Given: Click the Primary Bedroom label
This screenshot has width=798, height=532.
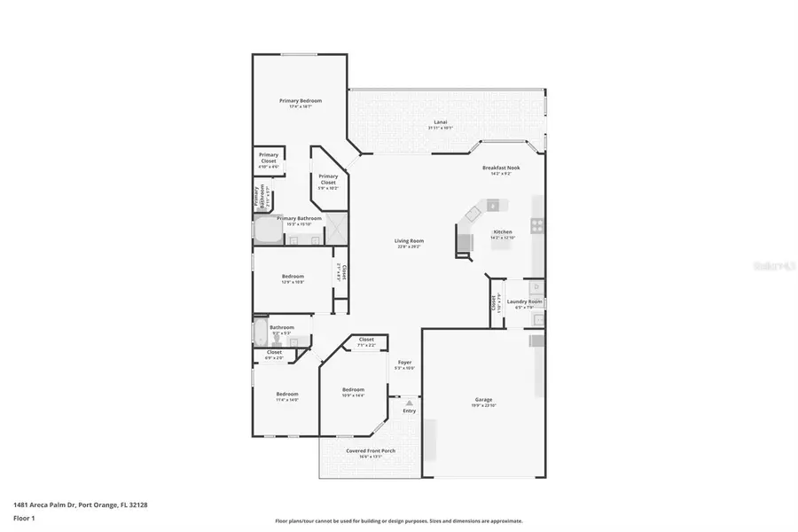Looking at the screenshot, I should coord(301,101).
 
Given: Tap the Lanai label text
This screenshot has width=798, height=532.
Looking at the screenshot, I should coord(440,121).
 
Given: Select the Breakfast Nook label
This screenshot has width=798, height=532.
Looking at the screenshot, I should coord(501,168).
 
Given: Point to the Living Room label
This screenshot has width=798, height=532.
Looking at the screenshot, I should coord(409,241).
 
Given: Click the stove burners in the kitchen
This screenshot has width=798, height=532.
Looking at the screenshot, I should coord(536,225).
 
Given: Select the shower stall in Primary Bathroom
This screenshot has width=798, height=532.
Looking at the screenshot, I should coord(336,228).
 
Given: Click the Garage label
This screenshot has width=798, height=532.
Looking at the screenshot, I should coord(483,400).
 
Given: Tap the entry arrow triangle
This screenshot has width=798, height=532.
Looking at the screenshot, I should coord(409,403).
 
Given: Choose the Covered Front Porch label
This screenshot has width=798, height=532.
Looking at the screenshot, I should coord(371,450).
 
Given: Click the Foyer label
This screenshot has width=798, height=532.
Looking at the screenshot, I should coord(404,362).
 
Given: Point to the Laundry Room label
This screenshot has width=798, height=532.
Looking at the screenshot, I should coord(524,301).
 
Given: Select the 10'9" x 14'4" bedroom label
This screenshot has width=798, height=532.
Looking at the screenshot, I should coord(353,390).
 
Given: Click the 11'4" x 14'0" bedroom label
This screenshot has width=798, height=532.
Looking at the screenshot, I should coord(286,394).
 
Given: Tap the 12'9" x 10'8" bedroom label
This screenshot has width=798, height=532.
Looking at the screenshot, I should coord(293,276).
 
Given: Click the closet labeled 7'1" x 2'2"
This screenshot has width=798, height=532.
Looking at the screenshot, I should coord(365,340).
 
